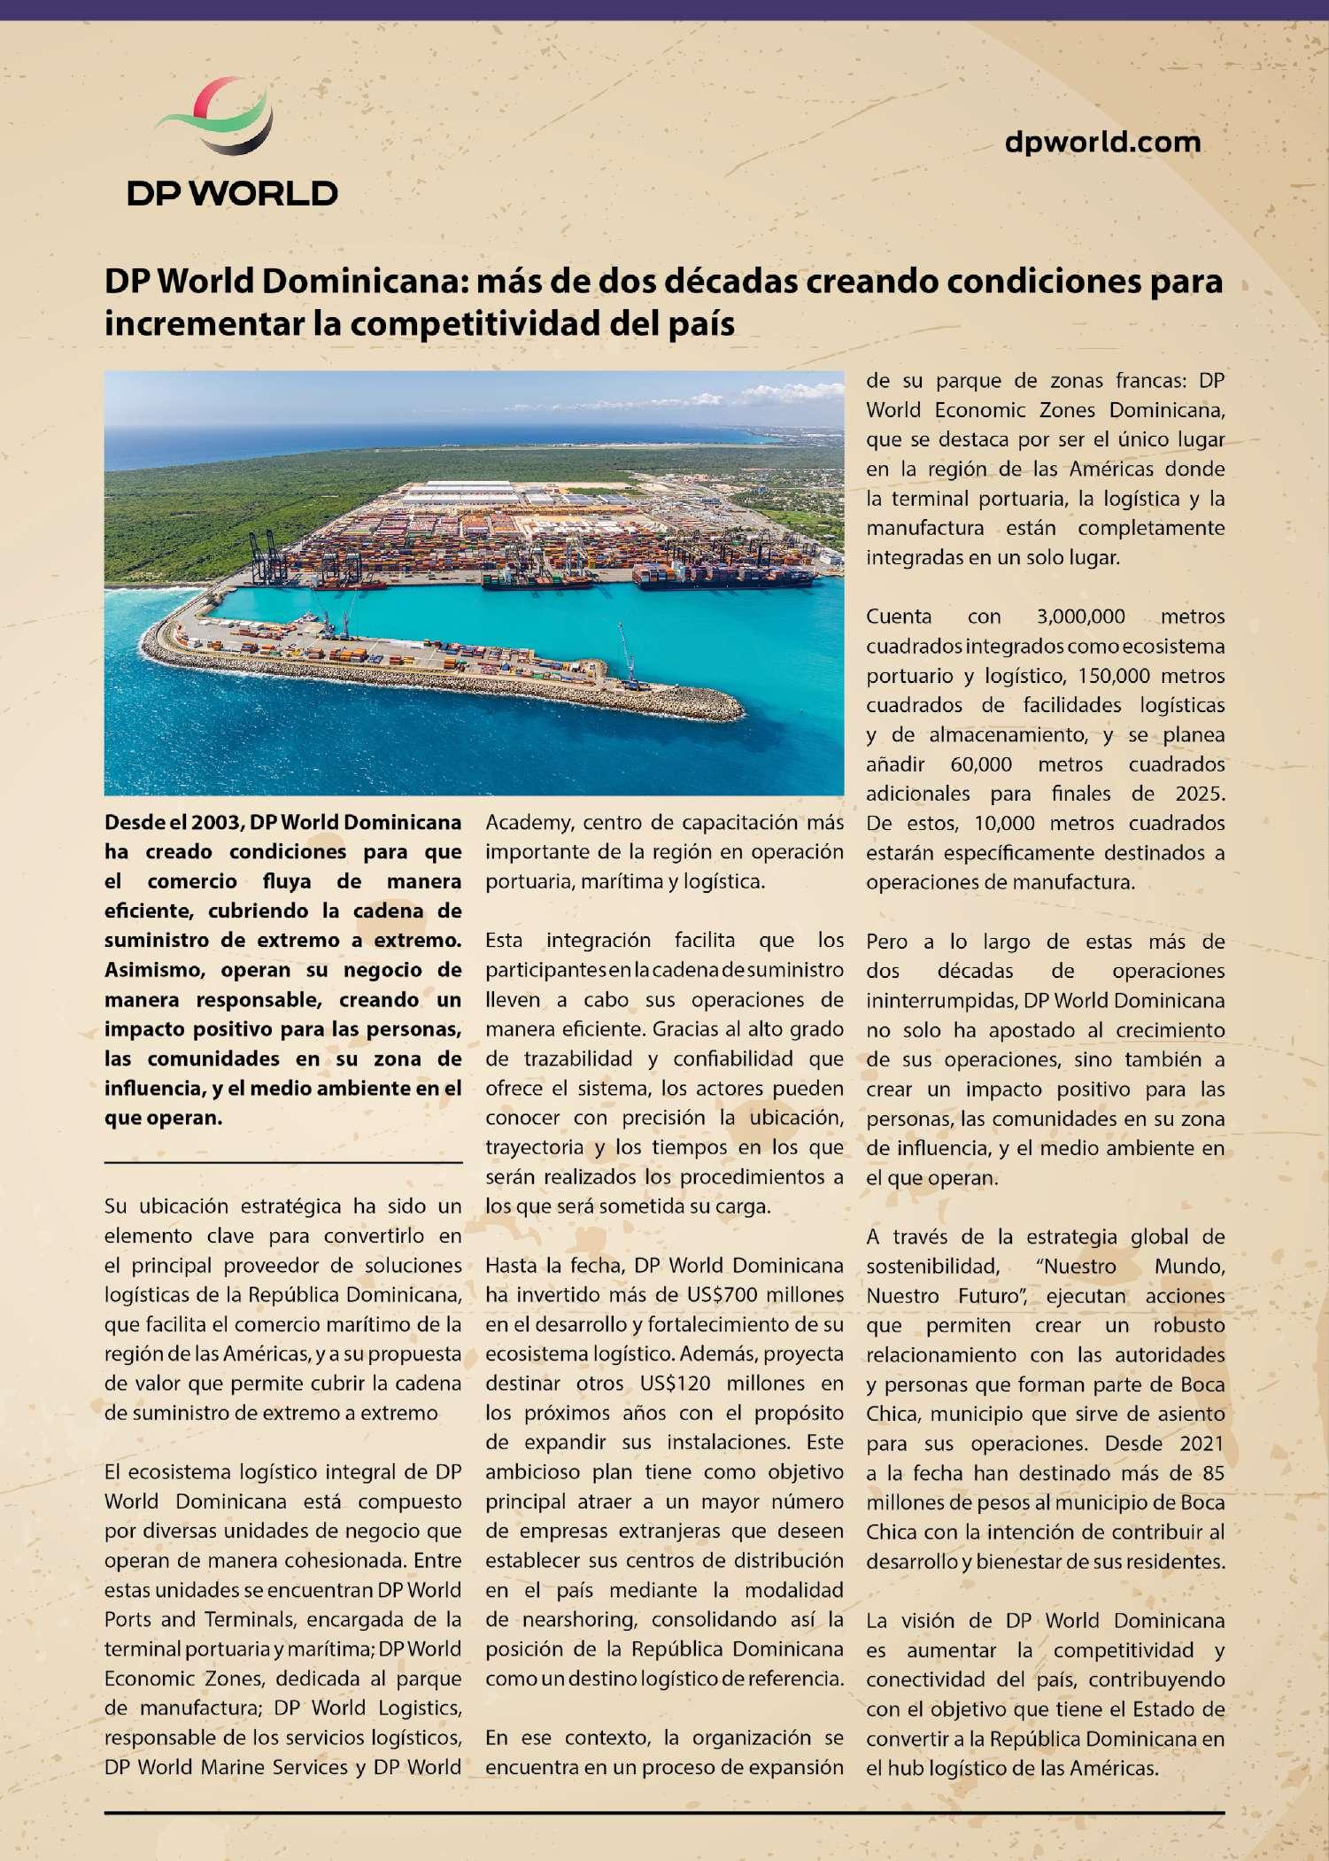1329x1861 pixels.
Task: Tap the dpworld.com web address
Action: [x=1102, y=142]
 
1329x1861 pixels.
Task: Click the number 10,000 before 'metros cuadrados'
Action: [x=1004, y=823]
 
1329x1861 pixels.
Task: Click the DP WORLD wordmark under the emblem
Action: [x=232, y=193]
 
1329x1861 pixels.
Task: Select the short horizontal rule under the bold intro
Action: [x=283, y=1161]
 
